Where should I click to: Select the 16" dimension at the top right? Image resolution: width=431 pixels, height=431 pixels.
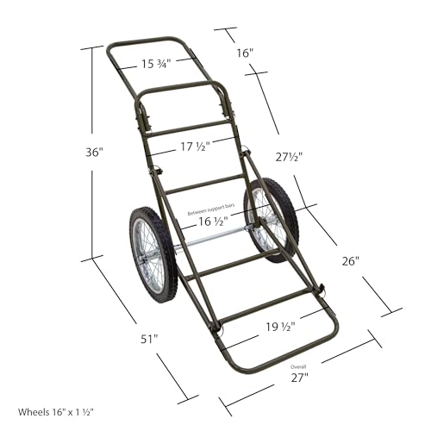(245, 53)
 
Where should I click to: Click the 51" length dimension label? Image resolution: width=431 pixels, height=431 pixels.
(149, 339)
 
